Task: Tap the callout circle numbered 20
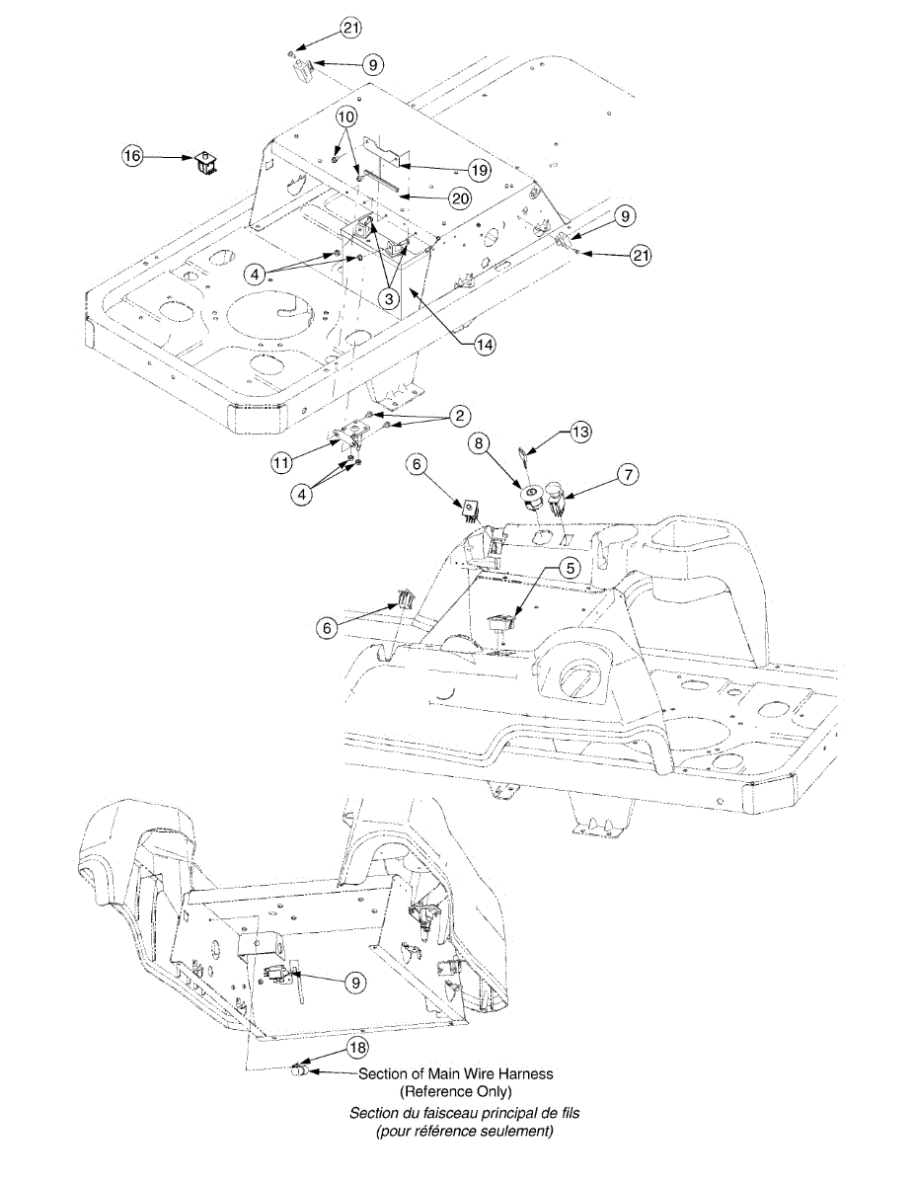pyautogui.click(x=459, y=198)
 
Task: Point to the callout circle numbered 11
pyautogui.click(x=282, y=461)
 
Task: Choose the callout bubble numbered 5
pyautogui.click(x=570, y=568)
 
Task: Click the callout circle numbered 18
pyautogui.click(x=356, y=1046)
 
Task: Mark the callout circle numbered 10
pyautogui.click(x=345, y=116)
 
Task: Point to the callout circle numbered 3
pyautogui.click(x=392, y=297)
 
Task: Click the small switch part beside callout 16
pyautogui.click(x=205, y=163)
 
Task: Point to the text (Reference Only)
pyautogui.click(x=455, y=1091)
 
